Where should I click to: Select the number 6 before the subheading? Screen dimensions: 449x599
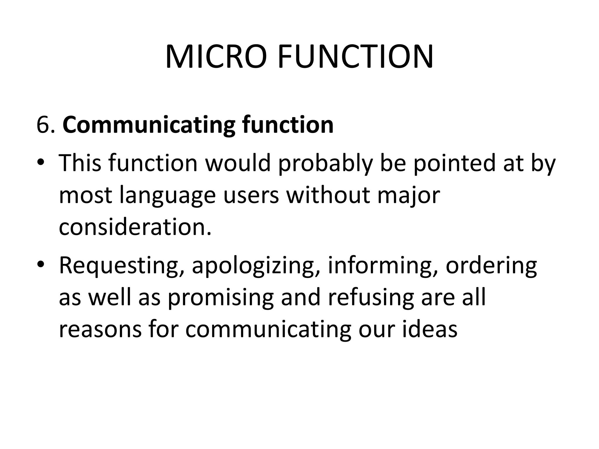pos(43,125)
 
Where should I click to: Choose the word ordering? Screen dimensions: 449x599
pos(491,266)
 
